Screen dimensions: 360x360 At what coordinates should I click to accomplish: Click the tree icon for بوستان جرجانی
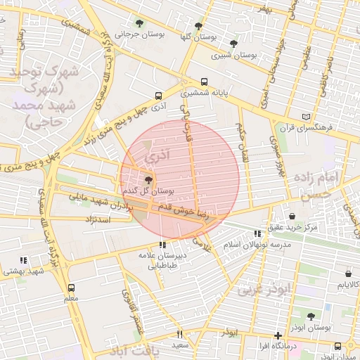coord(138,23)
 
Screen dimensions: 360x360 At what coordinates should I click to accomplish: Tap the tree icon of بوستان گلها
coord(199,25)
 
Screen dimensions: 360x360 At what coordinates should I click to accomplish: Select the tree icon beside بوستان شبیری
coord(233,44)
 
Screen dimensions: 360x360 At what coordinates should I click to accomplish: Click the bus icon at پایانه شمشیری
coord(204,81)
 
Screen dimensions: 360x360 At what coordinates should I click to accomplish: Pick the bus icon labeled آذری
coord(157,96)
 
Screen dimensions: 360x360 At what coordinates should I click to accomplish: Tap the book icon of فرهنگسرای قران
coord(304,117)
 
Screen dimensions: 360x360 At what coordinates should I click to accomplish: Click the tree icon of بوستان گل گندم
coord(147,180)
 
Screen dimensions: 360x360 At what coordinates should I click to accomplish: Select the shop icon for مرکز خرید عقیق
coord(292,216)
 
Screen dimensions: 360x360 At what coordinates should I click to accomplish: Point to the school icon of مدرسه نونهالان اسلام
coord(257,233)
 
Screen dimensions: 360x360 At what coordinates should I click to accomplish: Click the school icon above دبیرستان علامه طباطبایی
coord(162,245)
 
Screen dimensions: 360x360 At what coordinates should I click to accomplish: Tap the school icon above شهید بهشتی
coord(24,260)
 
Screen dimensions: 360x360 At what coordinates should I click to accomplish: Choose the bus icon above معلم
coord(70,288)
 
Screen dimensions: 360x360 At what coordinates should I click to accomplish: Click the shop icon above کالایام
coord(348,274)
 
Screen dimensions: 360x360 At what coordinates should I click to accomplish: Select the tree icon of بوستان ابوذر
coord(311,316)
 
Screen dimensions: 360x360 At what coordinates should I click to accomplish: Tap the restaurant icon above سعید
coord(179,334)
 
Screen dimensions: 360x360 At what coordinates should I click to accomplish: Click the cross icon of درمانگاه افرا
coord(279,335)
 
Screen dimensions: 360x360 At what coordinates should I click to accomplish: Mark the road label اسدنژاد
coord(98,220)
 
